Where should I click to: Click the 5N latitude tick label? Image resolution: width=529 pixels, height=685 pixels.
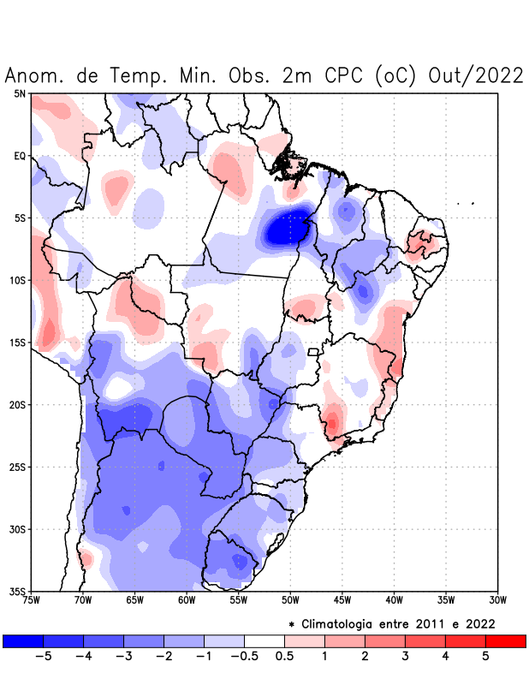20,93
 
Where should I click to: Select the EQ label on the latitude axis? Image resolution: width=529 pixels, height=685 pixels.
20,156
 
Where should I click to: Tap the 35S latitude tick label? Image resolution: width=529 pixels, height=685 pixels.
17,591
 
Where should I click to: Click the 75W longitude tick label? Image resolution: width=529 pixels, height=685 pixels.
32,599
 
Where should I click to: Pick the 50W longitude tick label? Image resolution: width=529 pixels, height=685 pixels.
290,599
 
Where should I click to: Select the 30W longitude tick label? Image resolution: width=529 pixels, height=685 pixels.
497,599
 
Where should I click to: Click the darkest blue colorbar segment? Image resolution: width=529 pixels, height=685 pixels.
23,640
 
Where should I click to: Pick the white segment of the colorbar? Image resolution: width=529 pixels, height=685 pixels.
264,640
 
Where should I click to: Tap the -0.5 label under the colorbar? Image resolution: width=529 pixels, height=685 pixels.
244,656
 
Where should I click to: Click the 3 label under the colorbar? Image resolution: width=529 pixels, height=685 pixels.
405,656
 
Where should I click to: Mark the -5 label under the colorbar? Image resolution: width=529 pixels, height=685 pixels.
43,656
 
